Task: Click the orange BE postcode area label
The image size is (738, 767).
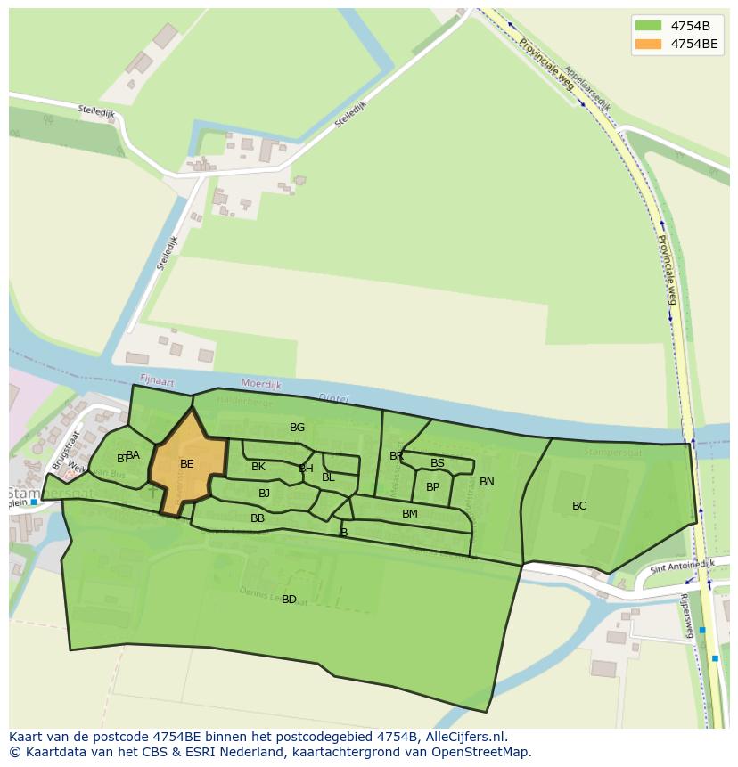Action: pyautogui.click(x=186, y=464)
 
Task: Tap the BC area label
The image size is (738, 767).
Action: pyautogui.click(x=579, y=506)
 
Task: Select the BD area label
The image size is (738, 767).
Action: pyautogui.click(x=289, y=600)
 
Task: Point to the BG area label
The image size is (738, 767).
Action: pyautogui.click(x=297, y=428)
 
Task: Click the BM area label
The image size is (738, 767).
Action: pyautogui.click(x=409, y=514)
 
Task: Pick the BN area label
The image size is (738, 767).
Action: pyautogui.click(x=487, y=482)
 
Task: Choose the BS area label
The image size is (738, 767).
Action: pyautogui.click(x=437, y=463)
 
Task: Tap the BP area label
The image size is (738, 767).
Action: pyautogui.click(x=432, y=487)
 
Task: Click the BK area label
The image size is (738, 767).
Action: pyautogui.click(x=258, y=467)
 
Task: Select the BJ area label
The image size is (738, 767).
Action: pyautogui.click(x=264, y=494)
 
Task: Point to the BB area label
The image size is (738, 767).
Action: pyautogui.click(x=258, y=518)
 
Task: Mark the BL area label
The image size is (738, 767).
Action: pyautogui.click(x=328, y=477)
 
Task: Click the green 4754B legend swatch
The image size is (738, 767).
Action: pyautogui.click(x=648, y=25)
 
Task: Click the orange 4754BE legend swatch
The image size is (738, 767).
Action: pyautogui.click(x=648, y=44)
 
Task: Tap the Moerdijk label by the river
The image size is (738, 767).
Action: pyautogui.click(x=261, y=385)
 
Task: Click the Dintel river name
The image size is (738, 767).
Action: pyautogui.click(x=333, y=398)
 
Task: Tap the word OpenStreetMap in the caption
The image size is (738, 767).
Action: pyautogui.click(x=482, y=752)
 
